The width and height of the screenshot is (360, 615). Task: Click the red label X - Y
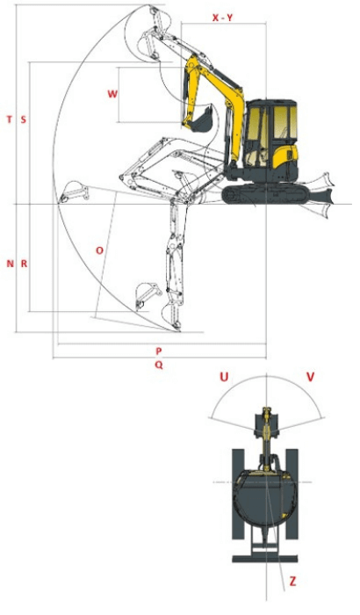tap(222, 18)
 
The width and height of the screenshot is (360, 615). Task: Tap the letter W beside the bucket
tap(112, 94)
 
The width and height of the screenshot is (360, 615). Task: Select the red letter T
tap(9, 119)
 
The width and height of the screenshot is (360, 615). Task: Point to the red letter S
tap(23, 119)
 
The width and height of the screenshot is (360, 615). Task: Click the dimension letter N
tap(9, 264)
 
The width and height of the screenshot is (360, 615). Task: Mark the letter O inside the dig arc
tap(99, 250)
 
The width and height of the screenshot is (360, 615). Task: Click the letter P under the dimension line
tap(159, 350)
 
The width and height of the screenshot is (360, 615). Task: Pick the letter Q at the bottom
tap(158, 364)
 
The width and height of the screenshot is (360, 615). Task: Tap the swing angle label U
tap(225, 377)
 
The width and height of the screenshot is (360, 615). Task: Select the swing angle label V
tap(310, 377)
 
